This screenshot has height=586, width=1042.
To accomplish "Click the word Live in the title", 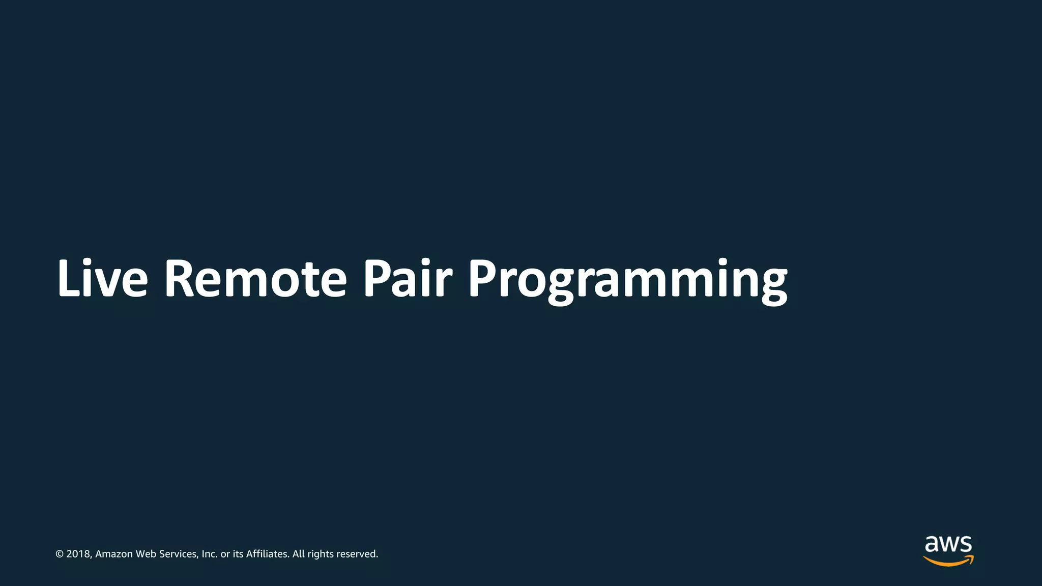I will click(x=102, y=279).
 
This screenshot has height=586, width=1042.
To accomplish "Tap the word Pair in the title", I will click(x=407, y=279).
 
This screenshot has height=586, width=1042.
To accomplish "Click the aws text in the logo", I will click(x=948, y=545).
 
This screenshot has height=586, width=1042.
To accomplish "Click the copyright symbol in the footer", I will click(x=60, y=554).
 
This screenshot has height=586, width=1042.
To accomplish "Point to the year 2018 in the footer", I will click(x=78, y=554).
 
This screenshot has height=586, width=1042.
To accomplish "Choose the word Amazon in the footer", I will click(x=114, y=554).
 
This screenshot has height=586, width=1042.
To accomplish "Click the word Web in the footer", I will click(x=146, y=554).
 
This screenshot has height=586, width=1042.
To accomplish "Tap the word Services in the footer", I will click(x=179, y=554).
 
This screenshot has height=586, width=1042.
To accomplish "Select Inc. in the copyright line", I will click(x=209, y=554).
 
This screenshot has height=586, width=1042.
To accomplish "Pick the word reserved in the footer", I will click(x=357, y=554).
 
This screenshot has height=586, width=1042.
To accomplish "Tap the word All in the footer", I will click(x=298, y=554).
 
